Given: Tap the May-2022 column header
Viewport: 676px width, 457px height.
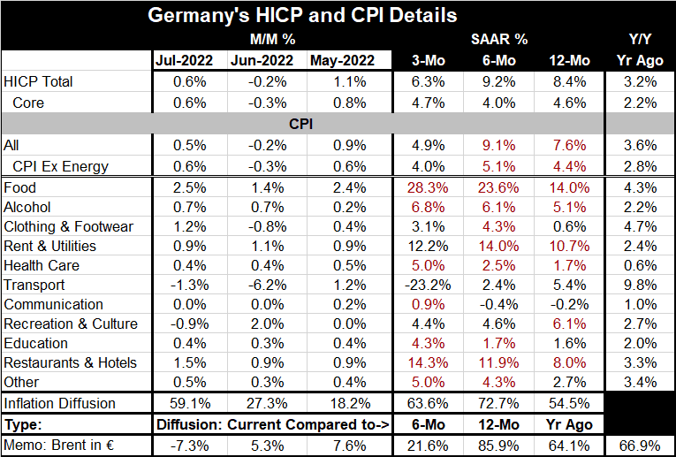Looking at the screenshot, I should tap(339, 61).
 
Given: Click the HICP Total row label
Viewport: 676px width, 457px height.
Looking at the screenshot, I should tap(39, 81).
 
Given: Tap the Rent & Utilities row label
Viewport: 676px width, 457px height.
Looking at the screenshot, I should tap(50, 246).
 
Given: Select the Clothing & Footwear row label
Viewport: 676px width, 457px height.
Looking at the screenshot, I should tap(69, 226).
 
